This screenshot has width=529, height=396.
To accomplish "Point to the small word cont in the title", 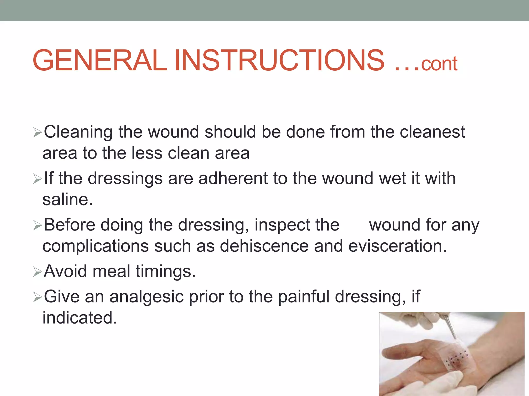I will coord(439,64).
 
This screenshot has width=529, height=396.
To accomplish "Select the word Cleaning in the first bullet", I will coord(78,132).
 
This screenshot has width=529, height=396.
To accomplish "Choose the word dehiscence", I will coord(264,246).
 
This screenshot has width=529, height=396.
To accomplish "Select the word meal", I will coord(111,271).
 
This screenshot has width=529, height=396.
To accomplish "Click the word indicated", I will coord(80,318).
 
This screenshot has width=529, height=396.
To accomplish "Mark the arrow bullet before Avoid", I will coord(37,272).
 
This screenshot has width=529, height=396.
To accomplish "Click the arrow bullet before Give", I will coord(37,298).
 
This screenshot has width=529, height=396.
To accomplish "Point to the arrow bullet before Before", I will coord(37,226).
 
